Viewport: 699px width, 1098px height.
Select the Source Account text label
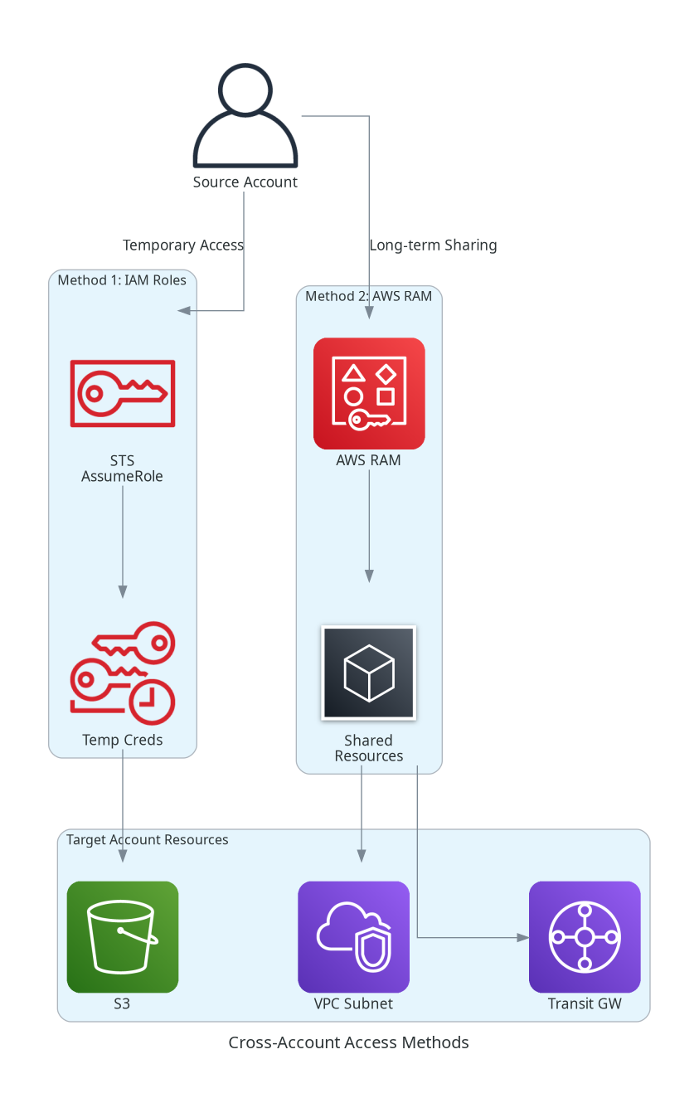(245, 182)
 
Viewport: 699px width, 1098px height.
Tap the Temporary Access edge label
(182, 245)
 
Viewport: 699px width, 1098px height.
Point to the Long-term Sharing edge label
(433, 245)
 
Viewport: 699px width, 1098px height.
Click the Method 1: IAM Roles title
(122, 280)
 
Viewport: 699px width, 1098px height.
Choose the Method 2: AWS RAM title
(368, 296)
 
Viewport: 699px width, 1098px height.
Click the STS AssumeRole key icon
(123, 393)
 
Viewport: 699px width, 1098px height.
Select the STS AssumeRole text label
(122, 469)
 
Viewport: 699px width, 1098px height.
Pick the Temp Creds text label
(123, 740)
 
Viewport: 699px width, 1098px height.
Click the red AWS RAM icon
(369, 393)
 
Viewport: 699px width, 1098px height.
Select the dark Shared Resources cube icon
(369, 673)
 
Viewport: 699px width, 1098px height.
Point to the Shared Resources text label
(369, 748)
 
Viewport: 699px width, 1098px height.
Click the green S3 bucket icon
(123, 936)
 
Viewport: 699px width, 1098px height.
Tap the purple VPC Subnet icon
(353, 936)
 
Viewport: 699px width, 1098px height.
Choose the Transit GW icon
(585, 936)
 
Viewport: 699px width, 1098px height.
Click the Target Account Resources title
(147, 840)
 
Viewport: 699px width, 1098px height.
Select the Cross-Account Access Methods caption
(348, 1042)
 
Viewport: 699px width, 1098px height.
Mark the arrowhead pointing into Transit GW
(522, 937)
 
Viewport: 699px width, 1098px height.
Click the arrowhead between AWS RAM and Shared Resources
(369, 576)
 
